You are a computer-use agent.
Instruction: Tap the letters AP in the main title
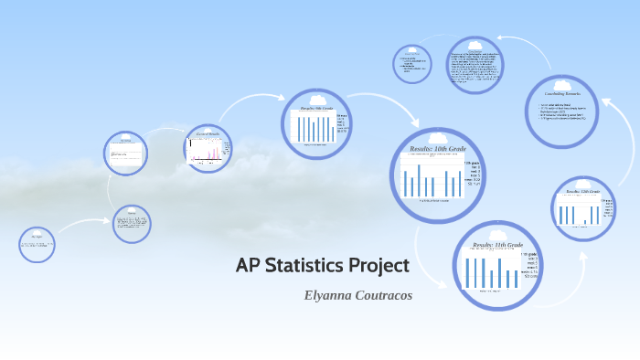pos(247,267)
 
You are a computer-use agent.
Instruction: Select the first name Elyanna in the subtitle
pos(333,296)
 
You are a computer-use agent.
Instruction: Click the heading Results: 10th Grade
pos(435,148)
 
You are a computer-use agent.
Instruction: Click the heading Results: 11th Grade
pos(497,245)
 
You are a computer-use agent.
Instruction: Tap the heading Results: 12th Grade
pos(583,192)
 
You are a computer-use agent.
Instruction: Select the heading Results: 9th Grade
pos(317,108)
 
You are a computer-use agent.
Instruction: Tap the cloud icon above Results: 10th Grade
pos(436,137)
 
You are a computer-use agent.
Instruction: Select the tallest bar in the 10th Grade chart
pos(419,178)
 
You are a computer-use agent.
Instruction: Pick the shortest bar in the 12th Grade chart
pos(585,220)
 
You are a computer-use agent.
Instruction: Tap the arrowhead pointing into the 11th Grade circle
pos(446,285)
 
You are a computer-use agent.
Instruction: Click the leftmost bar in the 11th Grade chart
pos(468,272)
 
